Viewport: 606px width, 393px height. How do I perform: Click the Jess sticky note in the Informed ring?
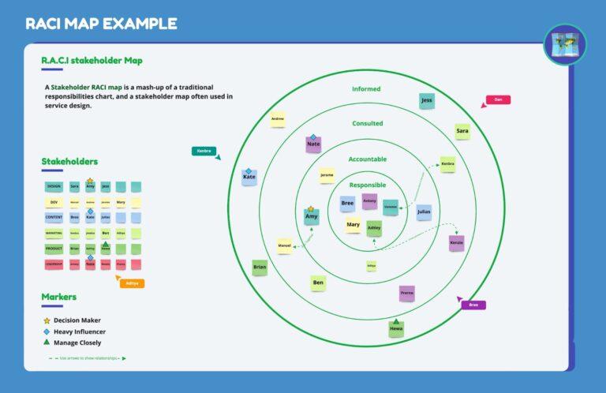pos(427,101)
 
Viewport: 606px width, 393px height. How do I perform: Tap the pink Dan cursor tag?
pos(497,100)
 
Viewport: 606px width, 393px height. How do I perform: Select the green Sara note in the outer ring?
pos(462,131)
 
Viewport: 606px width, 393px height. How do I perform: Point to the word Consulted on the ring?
pos(367,124)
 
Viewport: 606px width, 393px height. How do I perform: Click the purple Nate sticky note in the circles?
pos(313,144)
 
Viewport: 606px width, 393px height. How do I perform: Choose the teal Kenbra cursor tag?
pos(204,151)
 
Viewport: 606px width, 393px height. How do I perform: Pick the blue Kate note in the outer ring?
pos(249,178)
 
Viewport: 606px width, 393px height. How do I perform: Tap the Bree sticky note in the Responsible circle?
pos(347,204)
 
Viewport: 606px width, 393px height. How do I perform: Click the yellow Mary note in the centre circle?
pos(353,225)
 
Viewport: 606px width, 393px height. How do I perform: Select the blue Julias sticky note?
pos(424,211)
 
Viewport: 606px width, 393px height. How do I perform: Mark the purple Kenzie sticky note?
pos(456,243)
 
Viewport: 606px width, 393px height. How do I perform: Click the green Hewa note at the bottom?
pos(396,329)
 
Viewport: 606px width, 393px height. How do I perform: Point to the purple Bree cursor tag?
pos(473,305)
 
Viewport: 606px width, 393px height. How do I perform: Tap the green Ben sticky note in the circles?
pos(318,283)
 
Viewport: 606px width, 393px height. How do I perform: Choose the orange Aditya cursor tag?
pos(132,283)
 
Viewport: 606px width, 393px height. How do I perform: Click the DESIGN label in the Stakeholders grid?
pos(54,187)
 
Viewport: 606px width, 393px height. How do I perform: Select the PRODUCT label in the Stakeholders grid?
pos(54,249)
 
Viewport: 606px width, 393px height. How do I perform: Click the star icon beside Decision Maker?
pos(47,320)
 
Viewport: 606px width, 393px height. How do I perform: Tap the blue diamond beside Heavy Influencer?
pos(47,331)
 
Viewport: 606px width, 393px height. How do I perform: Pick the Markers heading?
pos(58,297)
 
